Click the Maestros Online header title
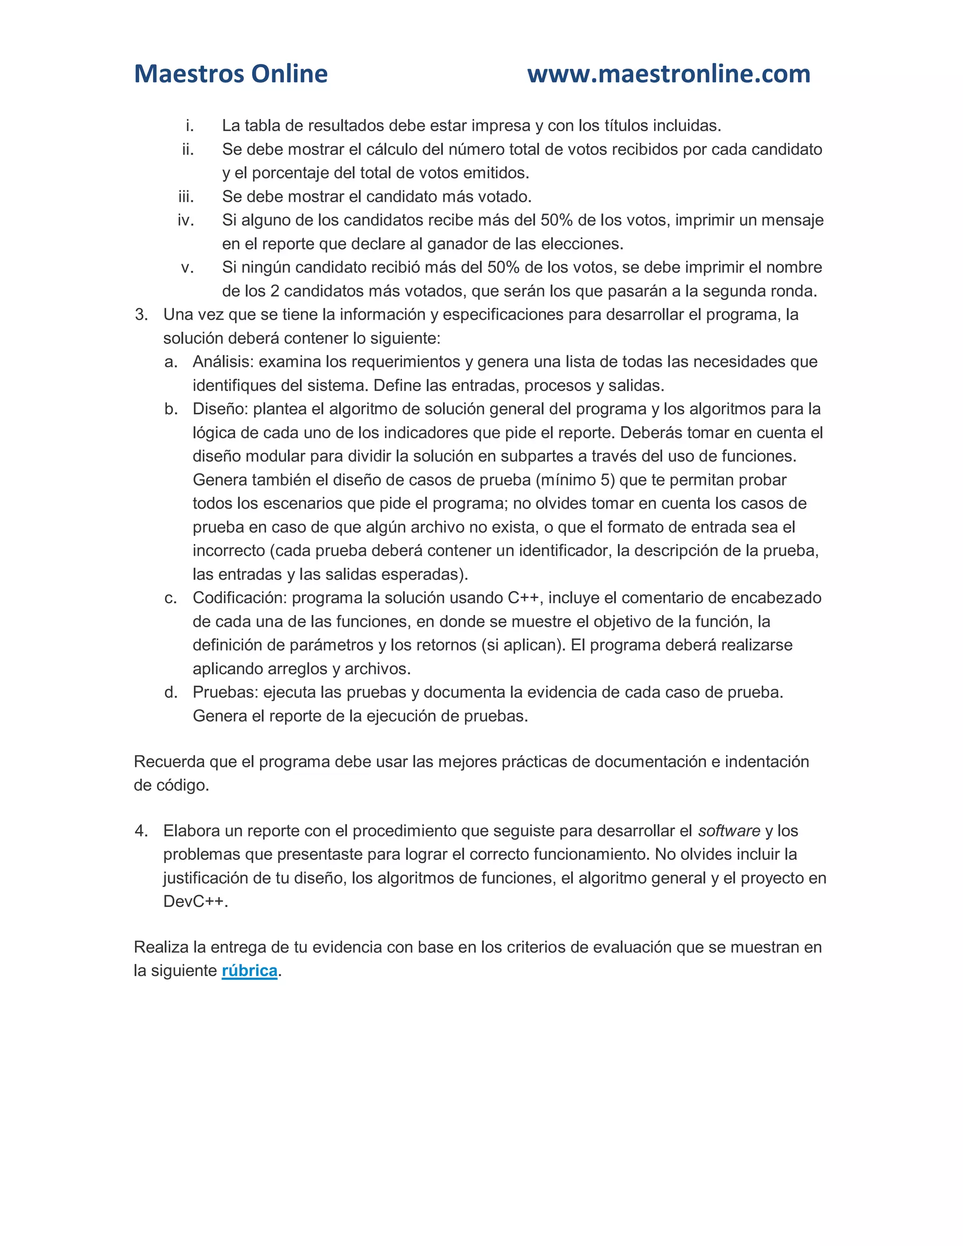[230, 74]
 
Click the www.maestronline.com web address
[668, 74]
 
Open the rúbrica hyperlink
[249, 970]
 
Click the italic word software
[729, 831]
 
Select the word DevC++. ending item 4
[195, 901]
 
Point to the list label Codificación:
[240, 598]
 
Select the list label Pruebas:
[225, 692]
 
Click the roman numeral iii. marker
[186, 197]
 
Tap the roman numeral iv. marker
[186, 220]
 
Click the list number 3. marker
[142, 315]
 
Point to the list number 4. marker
[142, 831]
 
